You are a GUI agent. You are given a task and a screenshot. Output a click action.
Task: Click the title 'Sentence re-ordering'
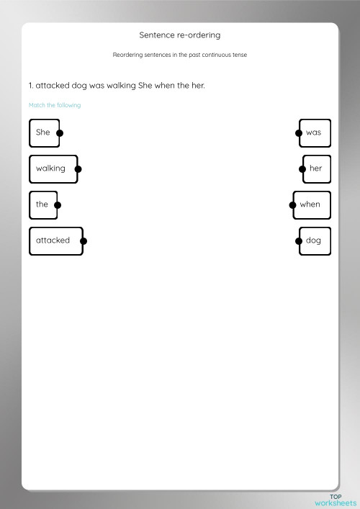[x=179, y=35]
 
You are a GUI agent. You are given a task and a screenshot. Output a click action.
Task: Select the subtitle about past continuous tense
[x=179, y=55]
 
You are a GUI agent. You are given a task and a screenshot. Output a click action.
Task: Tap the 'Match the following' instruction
[x=55, y=105]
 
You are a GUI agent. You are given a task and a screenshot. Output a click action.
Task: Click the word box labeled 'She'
[x=43, y=132]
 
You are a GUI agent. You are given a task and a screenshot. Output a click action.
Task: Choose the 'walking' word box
[x=51, y=168]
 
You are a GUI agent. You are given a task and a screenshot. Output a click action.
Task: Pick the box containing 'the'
[x=42, y=204]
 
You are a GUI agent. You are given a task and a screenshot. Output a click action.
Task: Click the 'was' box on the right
[x=314, y=132]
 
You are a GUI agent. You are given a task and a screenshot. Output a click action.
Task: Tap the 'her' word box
[x=316, y=168]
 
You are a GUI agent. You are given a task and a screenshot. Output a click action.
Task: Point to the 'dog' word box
[x=314, y=240]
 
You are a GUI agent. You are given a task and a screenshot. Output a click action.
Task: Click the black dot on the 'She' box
[x=60, y=132]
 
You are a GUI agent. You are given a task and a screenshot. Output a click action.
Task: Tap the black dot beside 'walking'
[x=78, y=169]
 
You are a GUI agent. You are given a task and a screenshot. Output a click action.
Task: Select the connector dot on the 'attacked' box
[x=84, y=241]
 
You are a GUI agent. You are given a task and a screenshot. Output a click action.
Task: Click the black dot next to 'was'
[x=298, y=132]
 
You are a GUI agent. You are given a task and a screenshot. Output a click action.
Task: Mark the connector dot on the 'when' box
[x=292, y=204]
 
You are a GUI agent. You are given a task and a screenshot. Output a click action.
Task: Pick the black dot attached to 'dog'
[x=300, y=241]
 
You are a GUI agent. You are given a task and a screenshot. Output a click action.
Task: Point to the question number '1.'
[x=31, y=86]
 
